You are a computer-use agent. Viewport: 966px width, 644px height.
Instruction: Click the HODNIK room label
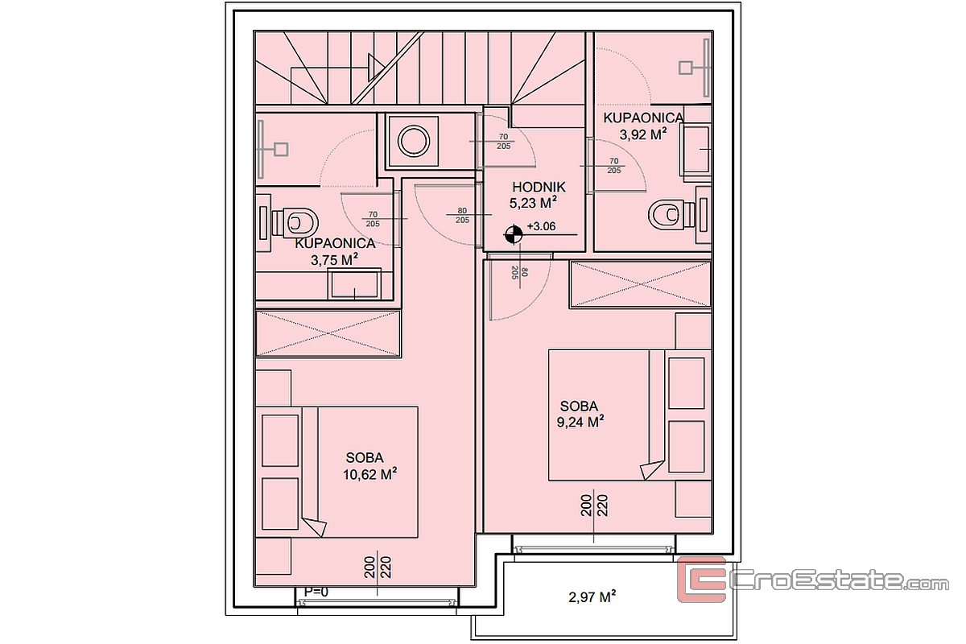(x=539, y=188)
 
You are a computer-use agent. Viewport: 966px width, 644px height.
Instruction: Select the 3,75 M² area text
(x=334, y=260)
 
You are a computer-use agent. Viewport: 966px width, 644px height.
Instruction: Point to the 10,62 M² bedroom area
(x=369, y=474)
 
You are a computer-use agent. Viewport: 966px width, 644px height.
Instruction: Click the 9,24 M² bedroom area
(x=580, y=422)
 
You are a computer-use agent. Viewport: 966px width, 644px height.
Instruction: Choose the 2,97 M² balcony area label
(x=592, y=597)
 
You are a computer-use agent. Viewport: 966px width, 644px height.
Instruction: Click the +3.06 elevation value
(x=541, y=226)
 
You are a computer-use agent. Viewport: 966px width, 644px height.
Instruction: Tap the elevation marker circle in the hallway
(x=514, y=234)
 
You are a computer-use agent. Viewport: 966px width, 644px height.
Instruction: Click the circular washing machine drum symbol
(x=414, y=141)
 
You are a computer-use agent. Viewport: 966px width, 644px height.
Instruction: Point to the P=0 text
(x=316, y=592)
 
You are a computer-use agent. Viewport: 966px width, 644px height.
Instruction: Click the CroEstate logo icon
(x=702, y=580)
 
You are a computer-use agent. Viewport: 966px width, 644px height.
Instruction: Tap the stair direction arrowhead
(x=377, y=68)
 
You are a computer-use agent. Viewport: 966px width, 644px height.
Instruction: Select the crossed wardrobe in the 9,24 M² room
(x=641, y=284)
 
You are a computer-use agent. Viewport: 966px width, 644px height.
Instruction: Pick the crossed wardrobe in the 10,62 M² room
(x=328, y=333)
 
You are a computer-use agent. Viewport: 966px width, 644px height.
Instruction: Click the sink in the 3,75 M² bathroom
(x=354, y=283)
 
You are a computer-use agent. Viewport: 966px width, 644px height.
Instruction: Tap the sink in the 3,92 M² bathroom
(x=696, y=149)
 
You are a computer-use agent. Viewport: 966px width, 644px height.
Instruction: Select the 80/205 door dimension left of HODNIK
(x=462, y=215)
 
